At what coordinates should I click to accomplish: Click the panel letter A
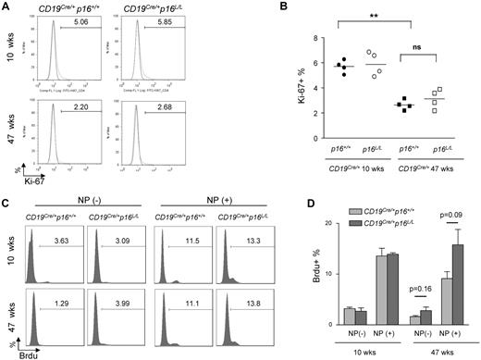[6, 6]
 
